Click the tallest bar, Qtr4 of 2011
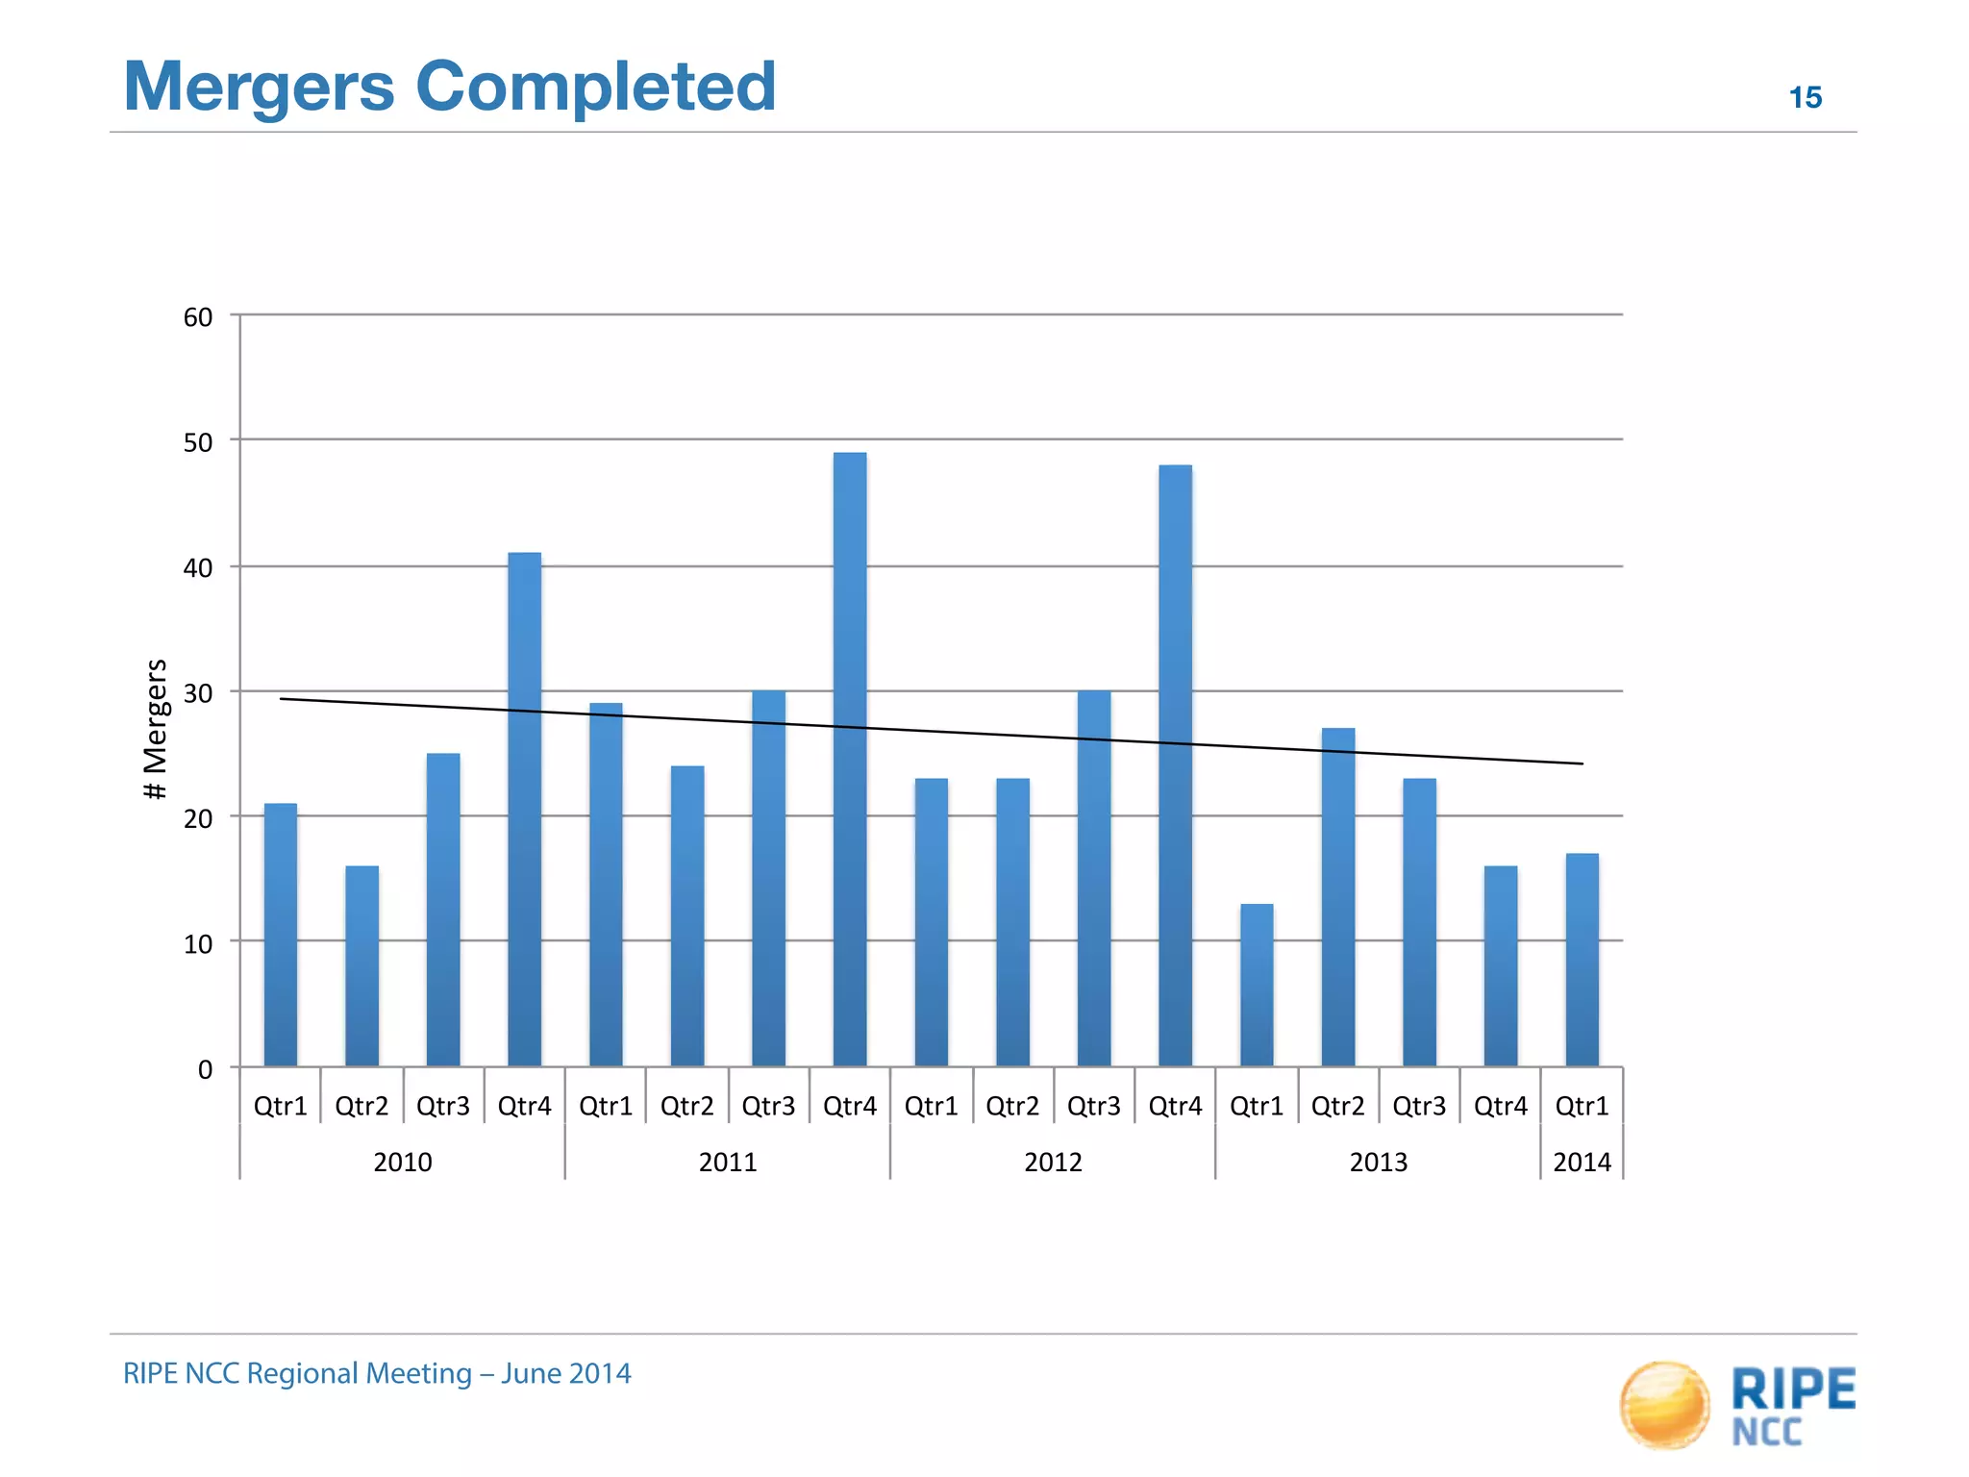(849, 760)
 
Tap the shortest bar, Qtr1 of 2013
(1257, 985)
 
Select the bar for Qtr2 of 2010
(361, 965)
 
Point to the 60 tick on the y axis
(198, 317)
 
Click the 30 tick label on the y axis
(198, 693)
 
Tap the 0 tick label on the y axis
(205, 1069)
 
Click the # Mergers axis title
(156, 729)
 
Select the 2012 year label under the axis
(1053, 1163)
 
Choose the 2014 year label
(1582, 1163)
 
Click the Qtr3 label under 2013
(1419, 1107)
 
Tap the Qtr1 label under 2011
(606, 1107)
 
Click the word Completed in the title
(595, 87)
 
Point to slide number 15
(1805, 97)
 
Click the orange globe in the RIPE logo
(1664, 1405)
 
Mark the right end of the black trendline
(1581, 764)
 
